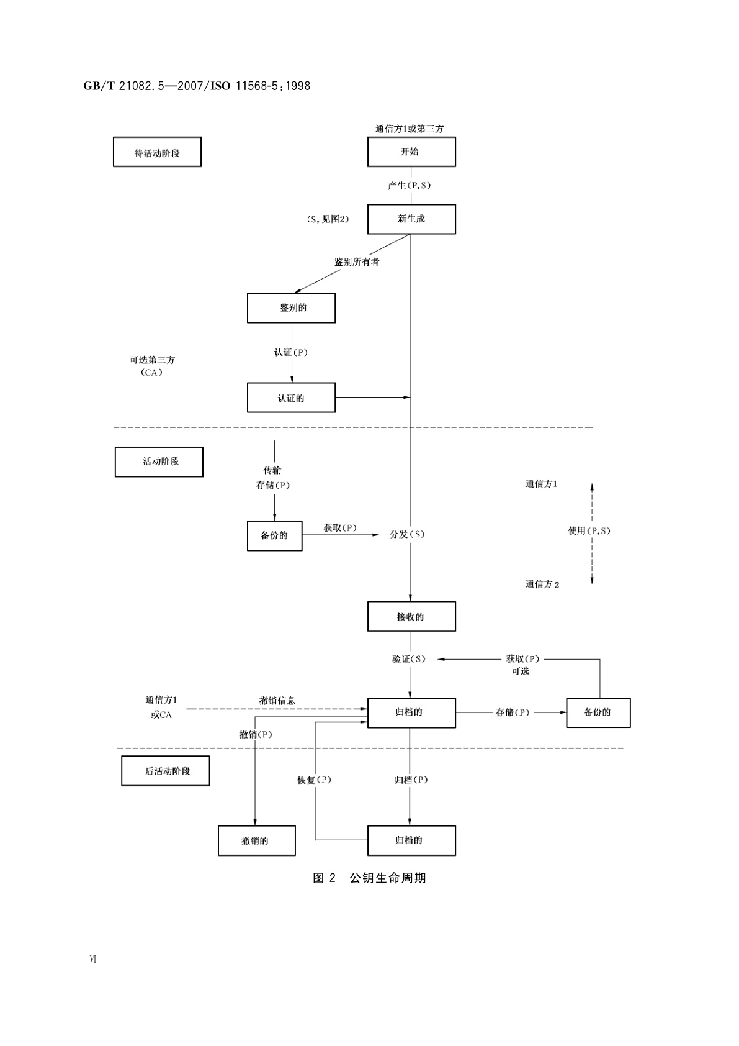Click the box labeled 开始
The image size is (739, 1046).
point(411,152)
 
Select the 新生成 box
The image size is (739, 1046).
point(411,219)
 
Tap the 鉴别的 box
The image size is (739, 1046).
point(291,308)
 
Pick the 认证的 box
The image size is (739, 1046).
point(291,398)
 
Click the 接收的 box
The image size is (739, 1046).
point(411,617)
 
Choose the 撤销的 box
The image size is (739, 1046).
point(256,840)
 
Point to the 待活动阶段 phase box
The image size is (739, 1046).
point(157,152)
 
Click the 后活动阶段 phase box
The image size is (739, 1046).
point(165,771)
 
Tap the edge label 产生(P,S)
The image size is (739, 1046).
point(410,185)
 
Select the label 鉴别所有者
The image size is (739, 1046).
point(357,262)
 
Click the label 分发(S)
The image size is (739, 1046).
point(407,534)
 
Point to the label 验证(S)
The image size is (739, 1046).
point(409,659)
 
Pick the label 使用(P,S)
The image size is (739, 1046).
point(589,530)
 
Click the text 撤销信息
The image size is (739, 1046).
point(277,701)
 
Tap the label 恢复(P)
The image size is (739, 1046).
point(315,780)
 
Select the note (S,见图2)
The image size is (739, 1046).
point(328,219)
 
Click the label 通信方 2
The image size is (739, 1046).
point(542,584)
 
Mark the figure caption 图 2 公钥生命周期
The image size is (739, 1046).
point(369,878)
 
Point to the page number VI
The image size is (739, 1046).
point(93,958)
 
